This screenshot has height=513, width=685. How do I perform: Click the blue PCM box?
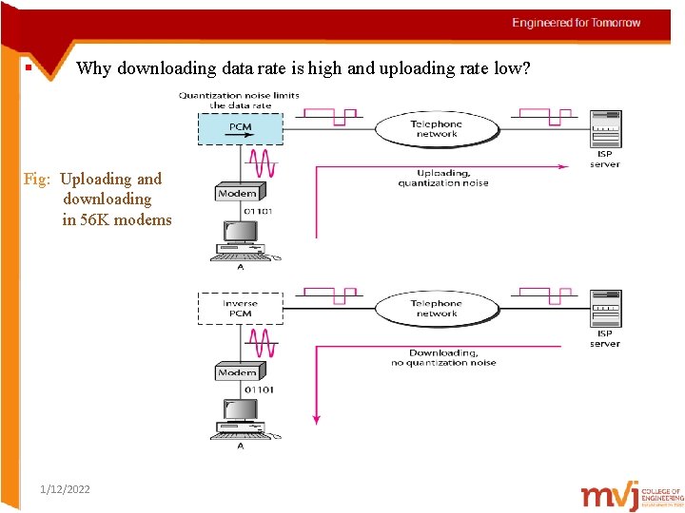tap(240, 128)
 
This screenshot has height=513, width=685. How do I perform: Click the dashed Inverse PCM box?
tap(240, 308)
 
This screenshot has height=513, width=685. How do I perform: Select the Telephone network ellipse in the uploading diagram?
tap(437, 128)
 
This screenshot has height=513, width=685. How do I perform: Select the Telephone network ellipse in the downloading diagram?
tap(437, 308)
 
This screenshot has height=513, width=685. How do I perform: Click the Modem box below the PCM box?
tap(238, 193)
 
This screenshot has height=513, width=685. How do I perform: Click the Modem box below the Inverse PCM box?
tap(238, 372)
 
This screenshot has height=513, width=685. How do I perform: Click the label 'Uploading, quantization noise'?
tap(443, 178)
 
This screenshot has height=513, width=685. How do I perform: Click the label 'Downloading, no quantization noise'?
tap(443, 357)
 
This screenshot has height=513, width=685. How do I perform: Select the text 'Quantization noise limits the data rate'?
tap(239, 100)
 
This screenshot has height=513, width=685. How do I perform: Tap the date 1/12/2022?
tap(66, 488)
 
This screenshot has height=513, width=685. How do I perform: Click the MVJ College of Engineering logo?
tap(632, 496)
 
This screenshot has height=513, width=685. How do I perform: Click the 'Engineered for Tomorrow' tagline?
tap(577, 23)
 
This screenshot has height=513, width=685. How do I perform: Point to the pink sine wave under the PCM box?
tap(262, 162)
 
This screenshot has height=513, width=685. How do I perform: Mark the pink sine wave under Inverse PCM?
tap(262, 342)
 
